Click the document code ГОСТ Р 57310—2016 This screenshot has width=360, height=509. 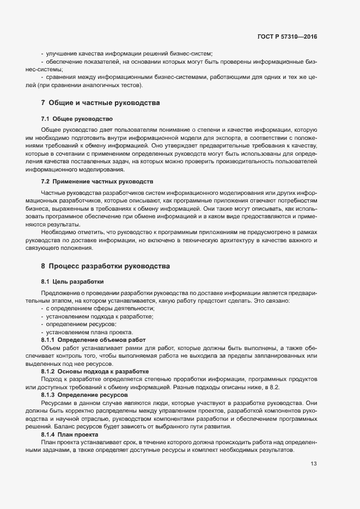[287, 36]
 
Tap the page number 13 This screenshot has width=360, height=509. [313, 464]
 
